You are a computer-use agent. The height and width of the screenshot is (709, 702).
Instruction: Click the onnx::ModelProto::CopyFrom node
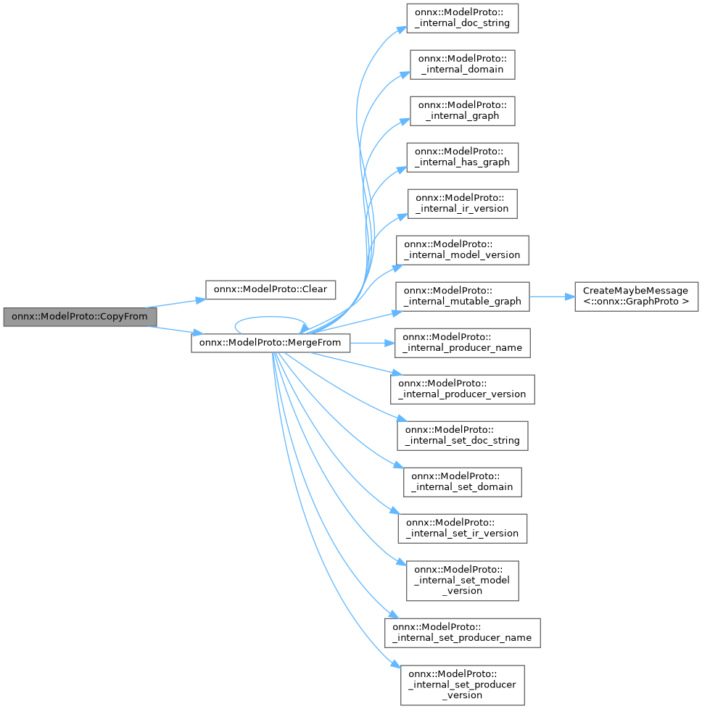(x=80, y=317)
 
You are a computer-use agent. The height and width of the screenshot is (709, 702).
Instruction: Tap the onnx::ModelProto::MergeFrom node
(x=271, y=341)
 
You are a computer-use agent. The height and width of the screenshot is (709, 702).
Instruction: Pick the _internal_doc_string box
(x=462, y=17)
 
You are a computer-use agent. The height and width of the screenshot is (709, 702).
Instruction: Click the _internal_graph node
(x=462, y=109)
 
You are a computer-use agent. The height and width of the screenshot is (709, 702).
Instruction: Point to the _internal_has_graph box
(x=462, y=156)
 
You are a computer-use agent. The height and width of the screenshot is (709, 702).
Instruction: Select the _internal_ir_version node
(x=462, y=202)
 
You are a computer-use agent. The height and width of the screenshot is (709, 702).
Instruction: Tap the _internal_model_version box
(x=462, y=249)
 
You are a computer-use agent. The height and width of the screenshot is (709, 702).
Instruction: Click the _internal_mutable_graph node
(x=462, y=295)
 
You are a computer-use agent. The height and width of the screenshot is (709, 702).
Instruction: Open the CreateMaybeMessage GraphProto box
(x=637, y=295)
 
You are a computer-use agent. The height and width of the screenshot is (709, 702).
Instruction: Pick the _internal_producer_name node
(x=462, y=341)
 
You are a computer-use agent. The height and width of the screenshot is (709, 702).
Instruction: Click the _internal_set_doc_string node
(x=462, y=434)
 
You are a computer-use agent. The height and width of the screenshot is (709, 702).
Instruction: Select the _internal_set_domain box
(x=462, y=481)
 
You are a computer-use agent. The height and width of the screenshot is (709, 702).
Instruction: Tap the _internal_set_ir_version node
(x=462, y=527)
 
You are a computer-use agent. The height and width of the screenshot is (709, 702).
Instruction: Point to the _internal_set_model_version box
(x=462, y=579)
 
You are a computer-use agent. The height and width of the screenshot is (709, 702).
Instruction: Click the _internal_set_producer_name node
(x=462, y=632)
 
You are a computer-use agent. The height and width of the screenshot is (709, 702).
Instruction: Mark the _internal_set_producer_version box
(x=462, y=684)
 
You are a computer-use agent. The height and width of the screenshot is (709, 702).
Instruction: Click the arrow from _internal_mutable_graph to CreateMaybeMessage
(x=552, y=296)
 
